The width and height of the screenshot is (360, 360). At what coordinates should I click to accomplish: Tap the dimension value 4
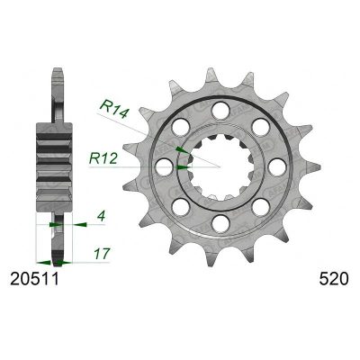[x=101, y=216]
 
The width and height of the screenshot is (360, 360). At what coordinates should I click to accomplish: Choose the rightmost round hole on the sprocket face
[x=275, y=166]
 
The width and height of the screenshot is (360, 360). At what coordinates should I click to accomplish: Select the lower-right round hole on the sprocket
[x=259, y=206]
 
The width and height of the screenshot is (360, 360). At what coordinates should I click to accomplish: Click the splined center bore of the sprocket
[x=220, y=166]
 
